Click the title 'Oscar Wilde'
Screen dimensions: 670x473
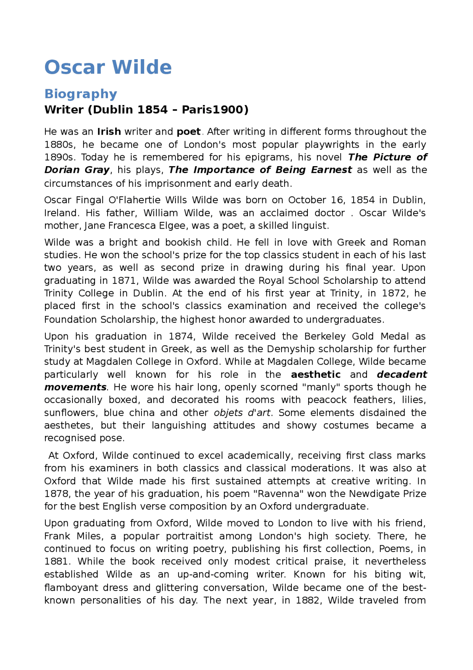click(108, 67)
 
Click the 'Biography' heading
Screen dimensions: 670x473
click(81, 94)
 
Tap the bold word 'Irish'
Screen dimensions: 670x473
click(109, 132)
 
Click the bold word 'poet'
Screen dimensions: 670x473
click(188, 132)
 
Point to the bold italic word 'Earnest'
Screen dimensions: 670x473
click(331, 170)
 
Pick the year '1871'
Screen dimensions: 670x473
click(124, 281)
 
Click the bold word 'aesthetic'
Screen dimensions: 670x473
click(316, 375)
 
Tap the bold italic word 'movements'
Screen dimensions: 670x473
click(75, 387)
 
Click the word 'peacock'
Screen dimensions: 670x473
click(327, 400)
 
